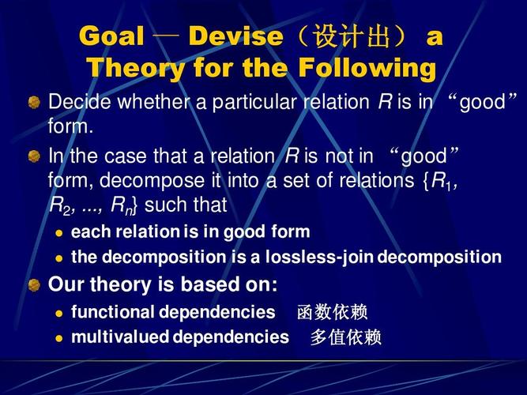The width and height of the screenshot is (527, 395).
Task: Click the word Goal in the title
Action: pyautogui.click(x=112, y=36)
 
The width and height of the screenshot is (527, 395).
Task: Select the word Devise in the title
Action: pyautogui.click(x=235, y=36)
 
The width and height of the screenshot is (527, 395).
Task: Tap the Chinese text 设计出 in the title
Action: pyautogui.click(x=352, y=36)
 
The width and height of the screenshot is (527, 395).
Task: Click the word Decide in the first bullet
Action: pyautogui.click(x=79, y=102)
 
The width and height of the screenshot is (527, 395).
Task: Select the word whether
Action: pyautogui.click(x=153, y=102)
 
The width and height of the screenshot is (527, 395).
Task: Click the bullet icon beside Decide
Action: pyautogui.click(x=34, y=102)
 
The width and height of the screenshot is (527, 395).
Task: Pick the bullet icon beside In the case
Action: pyautogui.click(x=34, y=156)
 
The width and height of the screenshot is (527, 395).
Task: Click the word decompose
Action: pyautogui.click(x=152, y=181)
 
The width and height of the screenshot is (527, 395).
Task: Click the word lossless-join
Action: pyautogui.click(x=319, y=258)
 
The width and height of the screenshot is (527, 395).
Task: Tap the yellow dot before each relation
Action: pyautogui.click(x=59, y=233)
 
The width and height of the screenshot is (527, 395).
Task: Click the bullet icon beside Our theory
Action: pyautogui.click(x=34, y=285)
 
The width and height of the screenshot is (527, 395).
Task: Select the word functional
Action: pyautogui.click(x=112, y=311)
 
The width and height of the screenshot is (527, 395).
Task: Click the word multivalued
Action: pyautogui.click(x=120, y=337)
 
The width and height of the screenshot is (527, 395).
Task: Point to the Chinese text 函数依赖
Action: pyautogui.click(x=332, y=312)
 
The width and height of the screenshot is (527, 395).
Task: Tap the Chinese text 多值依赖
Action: pyautogui.click(x=345, y=337)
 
